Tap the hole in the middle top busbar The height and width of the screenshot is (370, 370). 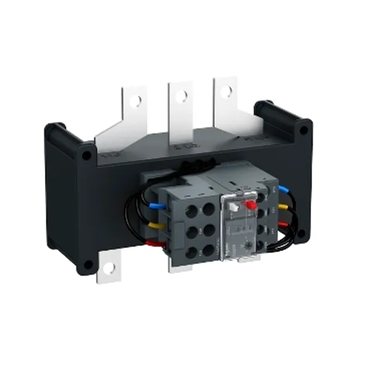click(181, 96)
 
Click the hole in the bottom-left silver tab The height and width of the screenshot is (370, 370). click(109, 269)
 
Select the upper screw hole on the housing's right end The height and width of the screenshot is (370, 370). click(302, 131)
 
